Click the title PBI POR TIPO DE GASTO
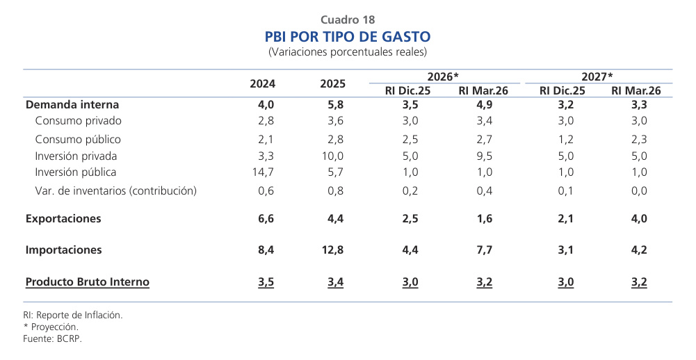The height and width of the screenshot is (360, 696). (x=348, y=36)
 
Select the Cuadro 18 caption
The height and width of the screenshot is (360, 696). (x=348, y=19)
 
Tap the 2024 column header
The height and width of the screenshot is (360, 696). (x=263, y=83)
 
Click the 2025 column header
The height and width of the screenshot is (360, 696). (x=332, y=83)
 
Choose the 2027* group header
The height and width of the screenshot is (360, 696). (x=597, y=76)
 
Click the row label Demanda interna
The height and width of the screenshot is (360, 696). (x=72, y=105)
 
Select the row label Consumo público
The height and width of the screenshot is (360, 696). (x=78, y=139)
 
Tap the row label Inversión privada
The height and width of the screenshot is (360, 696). (x=76, y=156)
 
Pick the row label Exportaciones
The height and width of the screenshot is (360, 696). (x=63, y=218)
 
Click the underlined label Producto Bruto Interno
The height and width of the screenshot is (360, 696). (x=88, y=281)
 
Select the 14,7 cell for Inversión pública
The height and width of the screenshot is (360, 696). (x=263, y=172)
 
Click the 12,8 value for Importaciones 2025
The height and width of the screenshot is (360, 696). (x=332, y=249)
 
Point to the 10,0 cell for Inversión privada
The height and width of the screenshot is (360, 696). (x=332, y=156)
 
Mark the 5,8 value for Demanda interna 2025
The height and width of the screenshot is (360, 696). (x=332, y=105)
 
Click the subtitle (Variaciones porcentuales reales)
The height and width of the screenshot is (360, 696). (x=348, y=52)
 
